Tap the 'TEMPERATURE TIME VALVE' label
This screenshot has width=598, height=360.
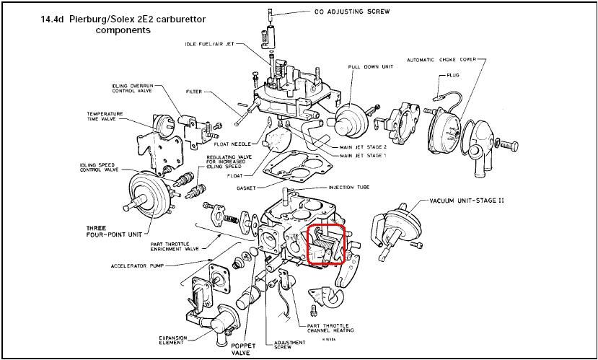coord(106,117)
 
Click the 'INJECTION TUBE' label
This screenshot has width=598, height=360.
coord(351,188)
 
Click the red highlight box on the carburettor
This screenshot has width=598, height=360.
coord(327,245)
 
